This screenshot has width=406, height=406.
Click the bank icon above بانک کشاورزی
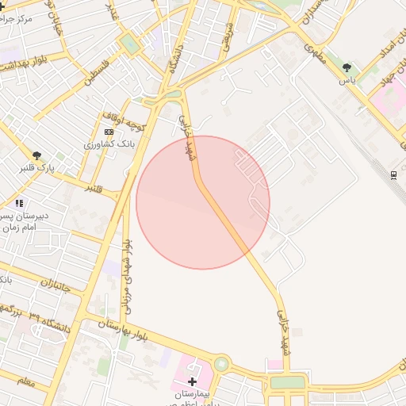pyautogui.click(x=109, y=132)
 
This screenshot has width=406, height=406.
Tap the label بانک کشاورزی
pyautogui.click(x=110, y=144)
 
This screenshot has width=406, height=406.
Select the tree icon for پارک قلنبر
pyautogui.click(x=37, y=155)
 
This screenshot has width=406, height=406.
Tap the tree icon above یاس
pyautogui.click(x=347, y=67)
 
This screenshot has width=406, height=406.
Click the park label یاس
pyautogui.click(x=347, y=80)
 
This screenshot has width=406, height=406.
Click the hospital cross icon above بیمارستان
pyautogui.click(x=192, y=381)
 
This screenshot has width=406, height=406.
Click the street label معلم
pyautogui.click(x=25, y=382)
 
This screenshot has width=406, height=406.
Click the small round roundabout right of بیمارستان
pyautogui.click(x=220, y=364)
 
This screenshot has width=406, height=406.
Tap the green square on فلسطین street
pyautogui.click(x=129, y=44)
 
